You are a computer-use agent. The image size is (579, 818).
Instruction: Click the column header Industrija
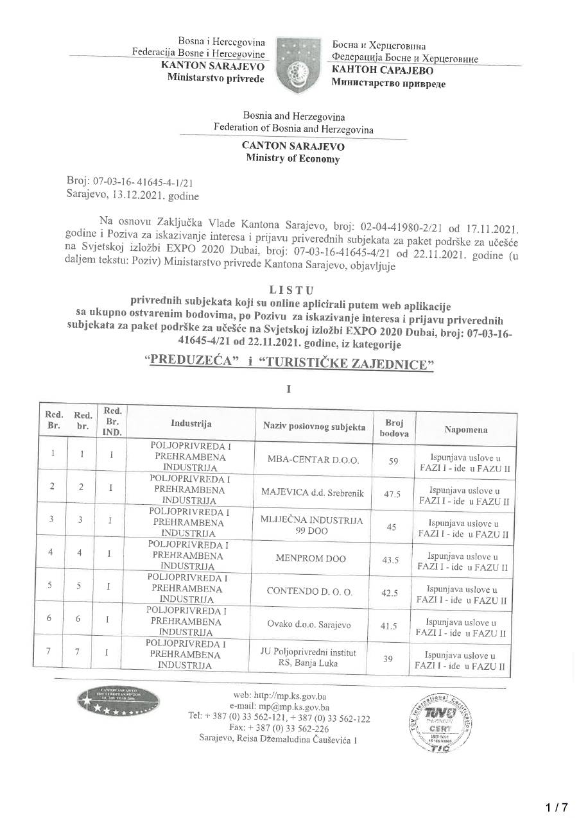point(191,423)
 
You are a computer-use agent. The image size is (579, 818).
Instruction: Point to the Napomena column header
point(465,429)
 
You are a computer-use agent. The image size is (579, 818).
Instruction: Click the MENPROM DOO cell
point(310,558)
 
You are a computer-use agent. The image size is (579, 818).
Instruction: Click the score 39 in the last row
point(388,658)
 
